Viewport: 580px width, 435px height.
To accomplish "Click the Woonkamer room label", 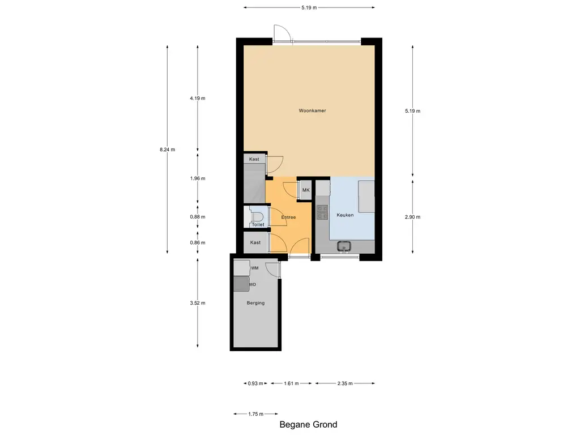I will tap(313, 111).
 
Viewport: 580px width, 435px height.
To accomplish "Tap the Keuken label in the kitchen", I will tap(345, 215).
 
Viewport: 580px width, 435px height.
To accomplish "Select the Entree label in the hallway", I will tap(288, 217).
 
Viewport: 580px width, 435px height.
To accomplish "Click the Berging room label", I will tap(255, 303).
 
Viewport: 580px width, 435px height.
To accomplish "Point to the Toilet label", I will tap(258, 225).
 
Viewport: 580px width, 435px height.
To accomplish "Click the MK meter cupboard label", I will tap(306, 190).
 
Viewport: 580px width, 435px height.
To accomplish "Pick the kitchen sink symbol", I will tap(344, 246).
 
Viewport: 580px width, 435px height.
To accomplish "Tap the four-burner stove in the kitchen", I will tap(322, 212).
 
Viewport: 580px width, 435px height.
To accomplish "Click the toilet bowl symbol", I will tap(255, 215).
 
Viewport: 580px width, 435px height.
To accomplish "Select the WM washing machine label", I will tap(255, 268).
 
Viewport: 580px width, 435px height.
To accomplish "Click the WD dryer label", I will tap(253, 284).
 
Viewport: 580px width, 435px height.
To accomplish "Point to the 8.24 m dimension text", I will tap(168, 150).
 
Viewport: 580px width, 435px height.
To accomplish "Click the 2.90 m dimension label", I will tap(412, 217).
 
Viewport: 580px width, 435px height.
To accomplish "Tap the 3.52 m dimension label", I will tap(197, 303).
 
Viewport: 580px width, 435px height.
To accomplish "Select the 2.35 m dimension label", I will tap(345, 383).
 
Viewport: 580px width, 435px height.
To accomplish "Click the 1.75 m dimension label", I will tap(255, 414).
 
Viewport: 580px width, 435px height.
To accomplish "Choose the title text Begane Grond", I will tap(309, 425).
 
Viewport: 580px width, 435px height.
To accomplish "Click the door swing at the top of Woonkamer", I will tap(282, 33).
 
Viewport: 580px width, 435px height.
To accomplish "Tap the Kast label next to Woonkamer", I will tap(254, 159).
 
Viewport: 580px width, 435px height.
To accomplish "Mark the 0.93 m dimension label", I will tap(255, 383).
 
